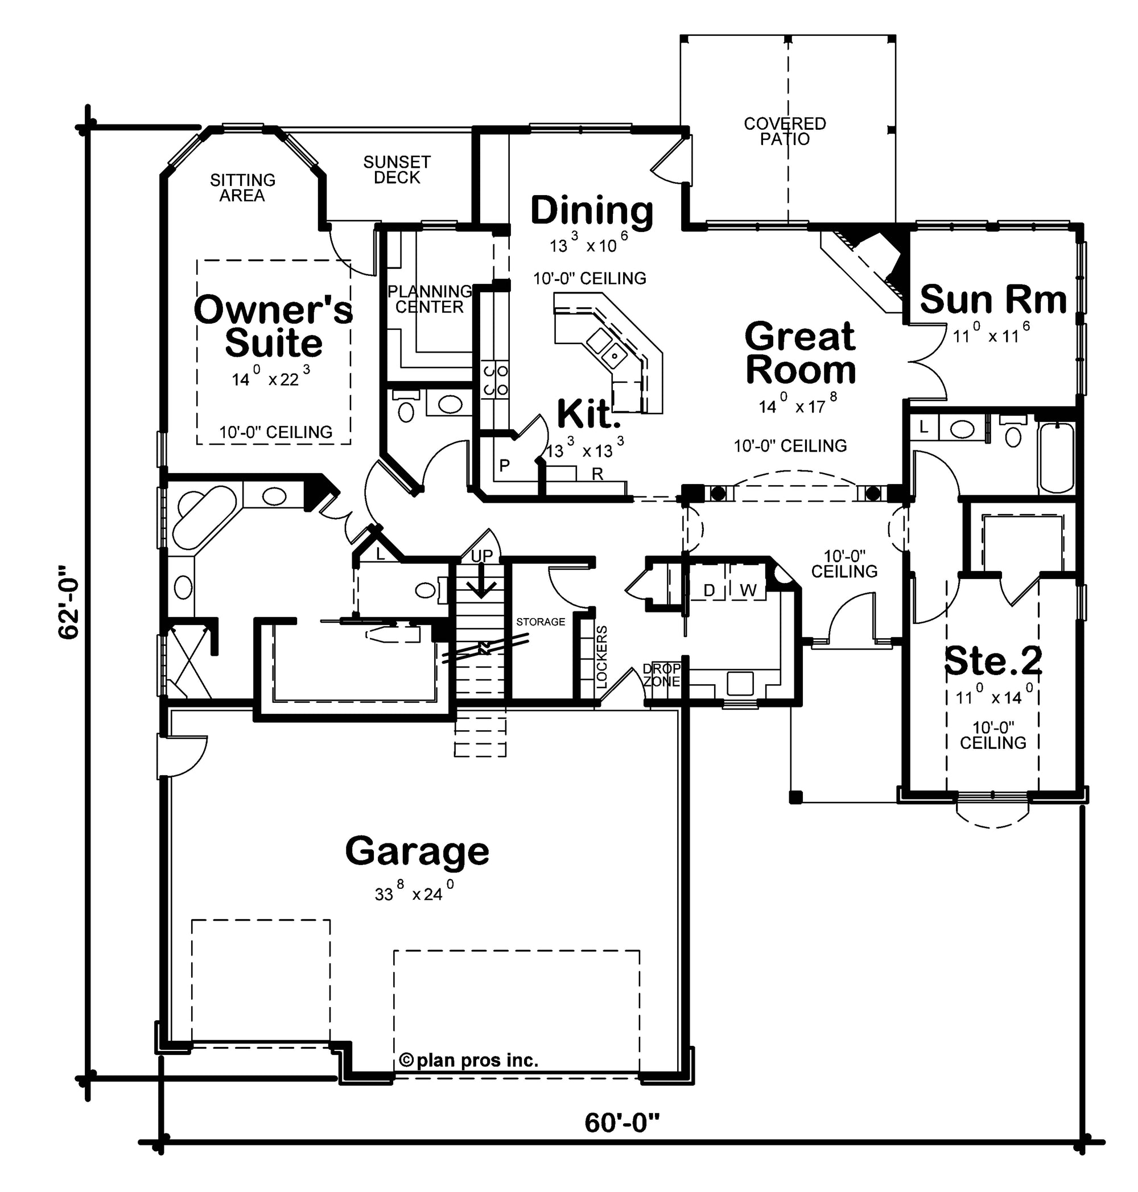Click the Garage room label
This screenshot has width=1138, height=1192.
point(417,853)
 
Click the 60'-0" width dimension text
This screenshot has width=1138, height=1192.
point(622,1124)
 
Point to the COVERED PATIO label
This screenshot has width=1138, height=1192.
point(785,131)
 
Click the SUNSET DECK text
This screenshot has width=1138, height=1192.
point(397,170)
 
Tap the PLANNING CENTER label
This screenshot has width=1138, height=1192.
point(430,299)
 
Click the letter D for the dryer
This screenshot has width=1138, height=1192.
point(709,590)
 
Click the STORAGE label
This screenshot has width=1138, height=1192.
point(541,622)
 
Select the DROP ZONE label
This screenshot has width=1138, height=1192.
point(661,675)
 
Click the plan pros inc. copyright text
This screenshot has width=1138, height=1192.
point(469,1061)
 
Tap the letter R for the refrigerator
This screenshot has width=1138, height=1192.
point(597,474)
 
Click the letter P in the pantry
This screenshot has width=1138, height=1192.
point(504,465)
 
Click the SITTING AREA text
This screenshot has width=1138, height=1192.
point(242,188)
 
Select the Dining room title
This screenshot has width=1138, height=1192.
point(592,211)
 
